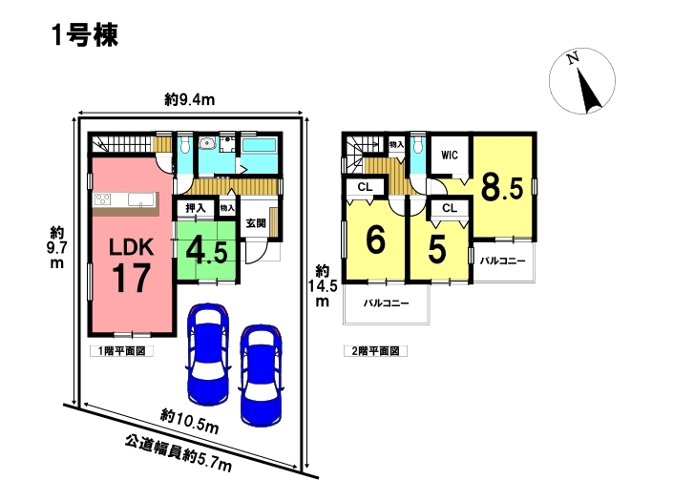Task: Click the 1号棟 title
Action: (85, 35)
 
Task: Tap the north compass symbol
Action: (582, 81)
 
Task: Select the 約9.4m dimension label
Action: (189, 100)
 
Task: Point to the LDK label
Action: (132, 247)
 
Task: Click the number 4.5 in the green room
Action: (206, 251)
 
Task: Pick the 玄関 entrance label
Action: (256, 223)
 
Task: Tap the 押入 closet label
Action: (196, 209)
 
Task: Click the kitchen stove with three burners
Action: (102, 199)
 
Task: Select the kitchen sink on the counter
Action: (140, 199)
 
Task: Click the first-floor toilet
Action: (185, 144)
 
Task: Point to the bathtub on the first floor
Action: (259, 144)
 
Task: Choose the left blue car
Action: (208, 354)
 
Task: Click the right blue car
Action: (261, 375)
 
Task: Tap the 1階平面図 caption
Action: (121, 351)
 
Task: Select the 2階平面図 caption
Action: (375, 351)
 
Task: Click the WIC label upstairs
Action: (450, 155)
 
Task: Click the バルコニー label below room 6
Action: (387, 303)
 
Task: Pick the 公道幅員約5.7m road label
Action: (179, 454)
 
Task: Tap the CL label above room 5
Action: (450, 208)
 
